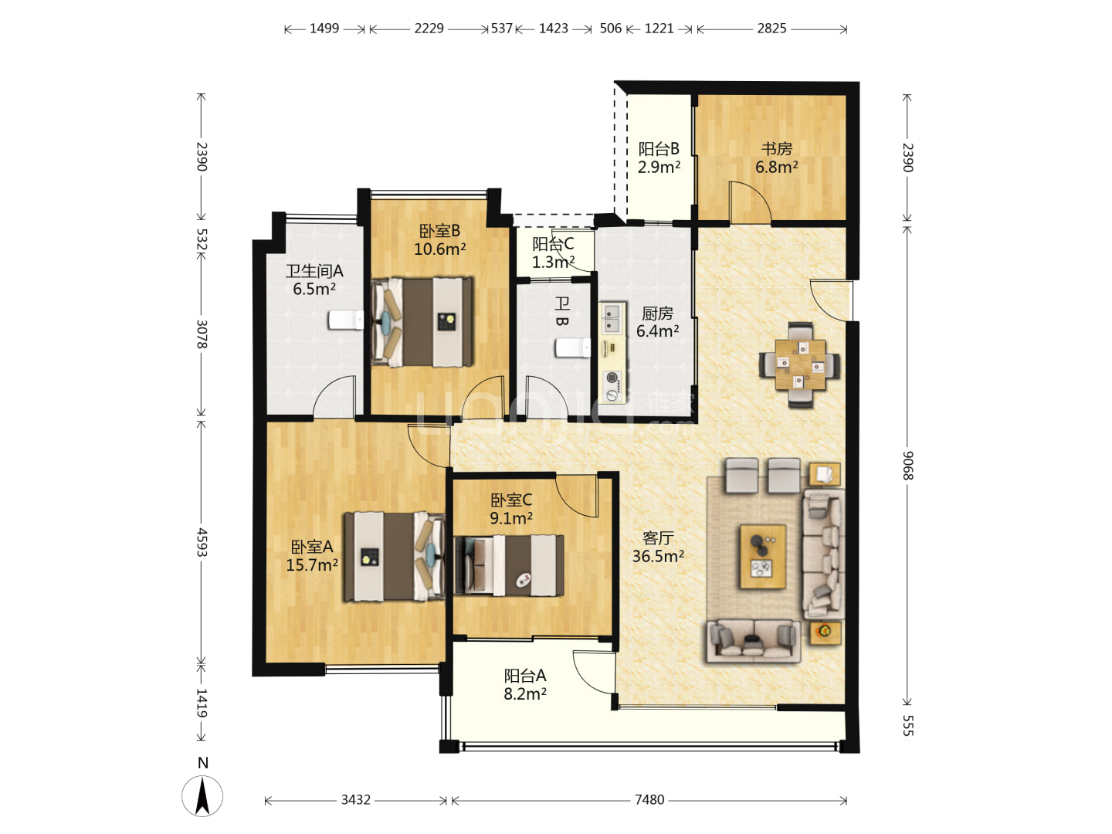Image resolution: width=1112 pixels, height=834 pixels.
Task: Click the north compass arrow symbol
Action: pos(202,796)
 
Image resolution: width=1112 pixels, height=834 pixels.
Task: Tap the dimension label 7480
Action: pos(649,799)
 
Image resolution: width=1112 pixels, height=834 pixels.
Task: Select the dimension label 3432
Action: pos(356,799)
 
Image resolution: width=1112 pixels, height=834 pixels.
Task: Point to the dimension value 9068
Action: pos(907,466)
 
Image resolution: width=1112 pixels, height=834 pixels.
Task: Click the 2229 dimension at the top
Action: pos(429,29)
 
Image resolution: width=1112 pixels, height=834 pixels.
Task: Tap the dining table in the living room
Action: pos(800,364)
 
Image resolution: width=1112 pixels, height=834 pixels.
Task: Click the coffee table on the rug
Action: pos(762,557)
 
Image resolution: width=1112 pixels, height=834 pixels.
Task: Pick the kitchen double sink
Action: pos(612,318)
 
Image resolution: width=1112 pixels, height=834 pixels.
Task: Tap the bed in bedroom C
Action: pos(509,565)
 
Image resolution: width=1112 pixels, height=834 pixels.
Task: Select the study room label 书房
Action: pos(777,148)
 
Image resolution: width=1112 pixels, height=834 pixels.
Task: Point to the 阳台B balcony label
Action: pos(659,149)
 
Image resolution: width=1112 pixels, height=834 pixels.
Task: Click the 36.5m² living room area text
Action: pos(658,556)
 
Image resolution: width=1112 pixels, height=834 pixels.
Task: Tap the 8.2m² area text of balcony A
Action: pos(525,693)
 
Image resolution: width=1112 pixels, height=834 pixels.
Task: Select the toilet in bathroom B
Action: pos(573,347)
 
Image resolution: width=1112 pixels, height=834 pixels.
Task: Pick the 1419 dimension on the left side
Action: pos(202,703)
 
